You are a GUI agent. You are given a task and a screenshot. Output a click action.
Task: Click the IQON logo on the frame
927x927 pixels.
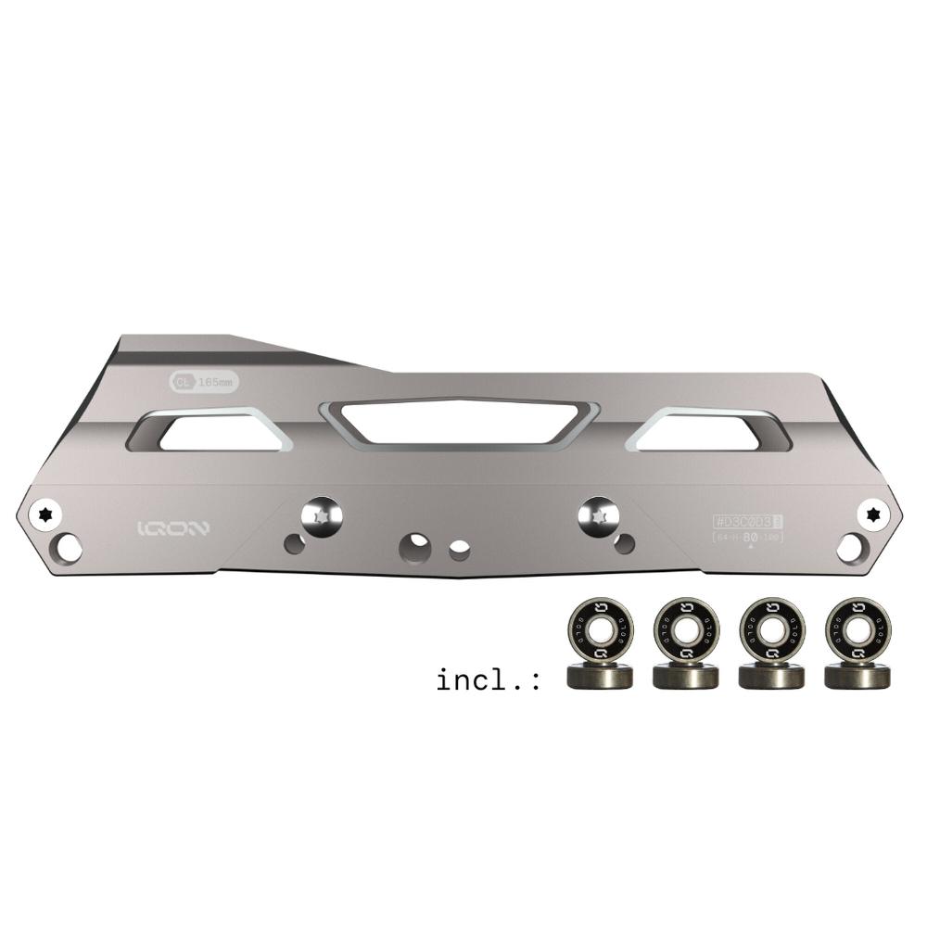[173, 528]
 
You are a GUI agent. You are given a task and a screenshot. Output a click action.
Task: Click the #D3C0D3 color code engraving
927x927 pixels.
[743, 522]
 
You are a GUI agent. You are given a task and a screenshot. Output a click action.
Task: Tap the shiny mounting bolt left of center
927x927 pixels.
[321, 515]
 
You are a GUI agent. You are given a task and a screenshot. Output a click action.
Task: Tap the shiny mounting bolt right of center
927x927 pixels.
[598, 514]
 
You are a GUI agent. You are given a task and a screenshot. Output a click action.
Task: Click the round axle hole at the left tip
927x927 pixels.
[68, 548]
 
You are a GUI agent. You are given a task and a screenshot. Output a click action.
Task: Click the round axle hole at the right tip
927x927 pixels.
[849, 547]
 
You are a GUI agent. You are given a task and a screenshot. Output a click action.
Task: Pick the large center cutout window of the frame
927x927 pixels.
[459, 422]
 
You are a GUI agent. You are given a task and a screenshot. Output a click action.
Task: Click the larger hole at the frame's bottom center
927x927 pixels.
[414, 547]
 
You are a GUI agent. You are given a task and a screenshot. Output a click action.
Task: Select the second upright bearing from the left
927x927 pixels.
[686, 629]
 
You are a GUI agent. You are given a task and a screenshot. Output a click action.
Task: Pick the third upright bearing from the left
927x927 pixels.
[771, 629]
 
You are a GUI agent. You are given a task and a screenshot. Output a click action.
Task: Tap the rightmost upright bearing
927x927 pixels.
[857, 629]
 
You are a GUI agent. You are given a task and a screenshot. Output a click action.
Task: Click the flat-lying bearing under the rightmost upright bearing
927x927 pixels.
[857, 676]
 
